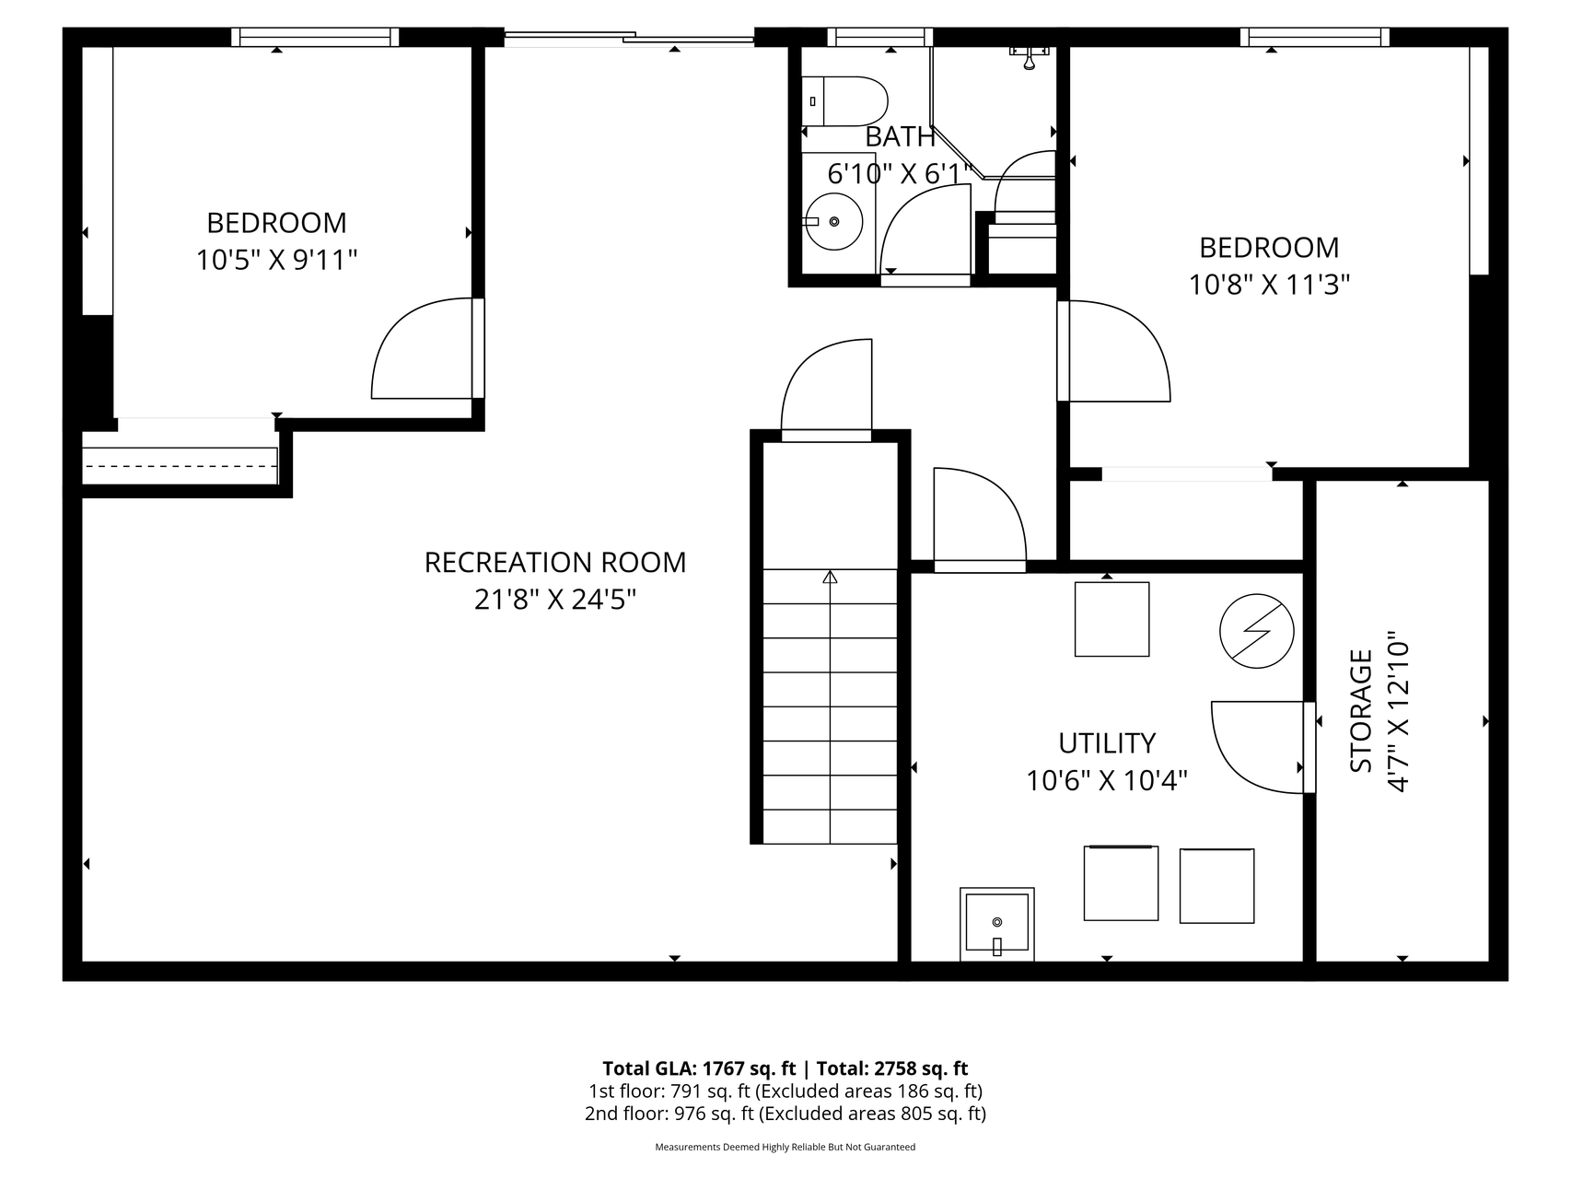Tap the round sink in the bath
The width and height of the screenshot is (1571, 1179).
(833, 221)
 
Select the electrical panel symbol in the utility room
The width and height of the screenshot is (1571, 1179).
(1256, 632)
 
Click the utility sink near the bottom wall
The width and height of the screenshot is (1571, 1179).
(996, 923)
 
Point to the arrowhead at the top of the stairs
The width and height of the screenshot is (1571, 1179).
(830, 578)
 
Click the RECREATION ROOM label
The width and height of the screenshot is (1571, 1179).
(555, 562)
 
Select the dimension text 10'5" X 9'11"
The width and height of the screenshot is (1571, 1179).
(276, 261)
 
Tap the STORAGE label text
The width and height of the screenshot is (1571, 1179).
(1361, 711)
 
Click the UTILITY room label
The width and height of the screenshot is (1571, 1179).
(1106, 742)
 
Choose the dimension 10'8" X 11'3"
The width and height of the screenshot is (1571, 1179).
(1269, 285)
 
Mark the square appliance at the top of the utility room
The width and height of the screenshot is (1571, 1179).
(1111, 619)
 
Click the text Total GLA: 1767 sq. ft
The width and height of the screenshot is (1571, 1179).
(698, 1068)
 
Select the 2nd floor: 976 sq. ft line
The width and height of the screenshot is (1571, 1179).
(785, 1114)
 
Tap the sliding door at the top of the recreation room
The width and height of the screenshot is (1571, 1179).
(629, 39)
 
